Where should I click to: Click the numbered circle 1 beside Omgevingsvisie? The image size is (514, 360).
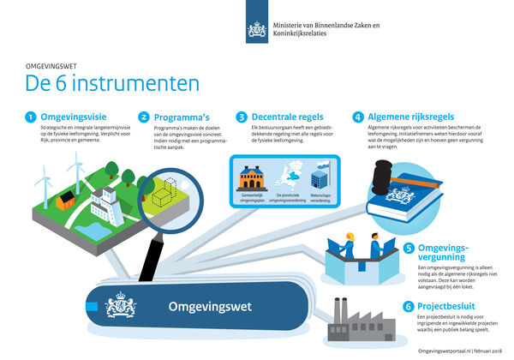[x=30, y=117]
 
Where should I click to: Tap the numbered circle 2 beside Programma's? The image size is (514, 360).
[x=145, y=117]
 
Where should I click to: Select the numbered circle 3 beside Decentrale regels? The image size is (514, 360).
[x=242, y=117]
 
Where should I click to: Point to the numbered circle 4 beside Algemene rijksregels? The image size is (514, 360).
[x=357, y=117]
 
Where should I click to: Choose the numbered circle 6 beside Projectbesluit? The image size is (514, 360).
[x=409, y=306]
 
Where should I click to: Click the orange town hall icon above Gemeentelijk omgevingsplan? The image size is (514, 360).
[x=252, y=178]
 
